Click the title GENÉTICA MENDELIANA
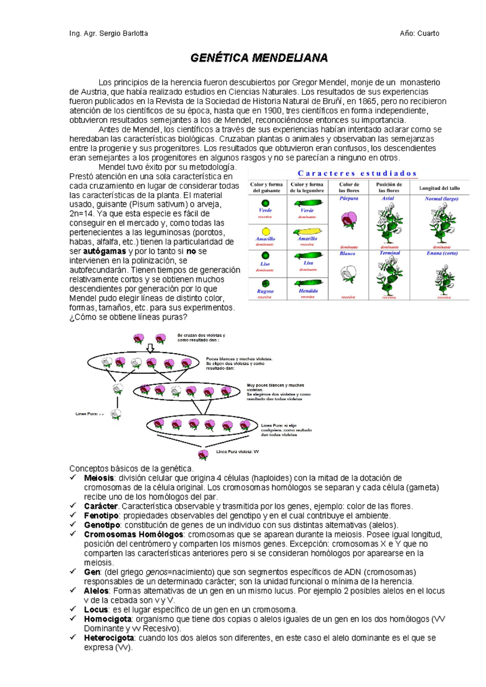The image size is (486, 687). coord(259,58)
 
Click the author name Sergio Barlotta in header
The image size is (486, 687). coord(124,34)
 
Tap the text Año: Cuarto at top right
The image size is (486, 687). coord(419,34)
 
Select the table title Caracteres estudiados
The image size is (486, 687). coord(357,173)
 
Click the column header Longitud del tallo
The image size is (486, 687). coord(439,188)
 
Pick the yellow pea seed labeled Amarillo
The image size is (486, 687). coord(266,232)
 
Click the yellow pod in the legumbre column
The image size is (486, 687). coord(307,232)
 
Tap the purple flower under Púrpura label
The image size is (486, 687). coord(348,220)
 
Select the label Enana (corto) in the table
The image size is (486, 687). coord(442,253)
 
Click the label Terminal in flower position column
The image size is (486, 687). coord(390,253)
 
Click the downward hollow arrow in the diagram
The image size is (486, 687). coord(150,348)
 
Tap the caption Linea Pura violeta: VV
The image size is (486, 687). coord(237,451)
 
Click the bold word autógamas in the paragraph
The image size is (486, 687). coord(104,251)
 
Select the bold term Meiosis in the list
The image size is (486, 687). coord(98,478)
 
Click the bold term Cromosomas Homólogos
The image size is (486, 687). coord(134,534)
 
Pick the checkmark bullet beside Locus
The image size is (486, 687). coord(73,609)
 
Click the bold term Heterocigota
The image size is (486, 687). coord(109,638)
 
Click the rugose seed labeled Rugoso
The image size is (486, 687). coord(266,284)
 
